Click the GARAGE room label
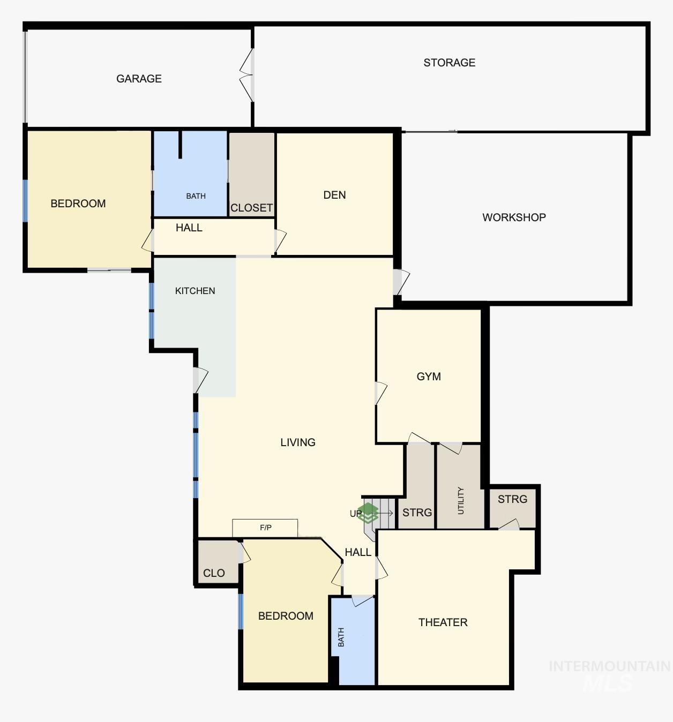pyautogui.click(x=139, y=79)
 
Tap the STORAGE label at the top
pyautogui.click(x=449, y=63)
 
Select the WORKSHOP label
pyautogui.click(x=514, y=217)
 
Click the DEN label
pyautogui.click(x=334, y=195)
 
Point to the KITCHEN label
pyautogui.click(x=195, y=291)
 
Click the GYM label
pyautogui.click(x=429, y=377)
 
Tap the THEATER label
pyautogui.click(x=443, y=622)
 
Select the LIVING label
pyautogui.click(x=297, y=442)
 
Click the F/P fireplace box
pyautogui.click(x=265, y=528)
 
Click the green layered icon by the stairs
pyautogui.click(x=368, y=513)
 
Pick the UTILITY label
pyautogui.click(x=460, y=501)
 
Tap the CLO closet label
pyautogui.click(x=214, y=573)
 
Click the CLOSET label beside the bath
pyautogui.click(x=251, y=208)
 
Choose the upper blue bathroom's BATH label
pyautogui.click(x=196, y=196)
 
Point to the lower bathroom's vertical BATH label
pyautogui.click(x=341, y=637)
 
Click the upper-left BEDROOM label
pyautogui.click(x=78, y=204)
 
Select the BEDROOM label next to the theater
pyautogui.click(x=286, y=616)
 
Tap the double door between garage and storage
pyautogui.click(x=247, y=76)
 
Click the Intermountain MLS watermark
pyautogui.click(x=609, y=674)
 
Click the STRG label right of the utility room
pyautogui.click(x=512, y=499)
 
